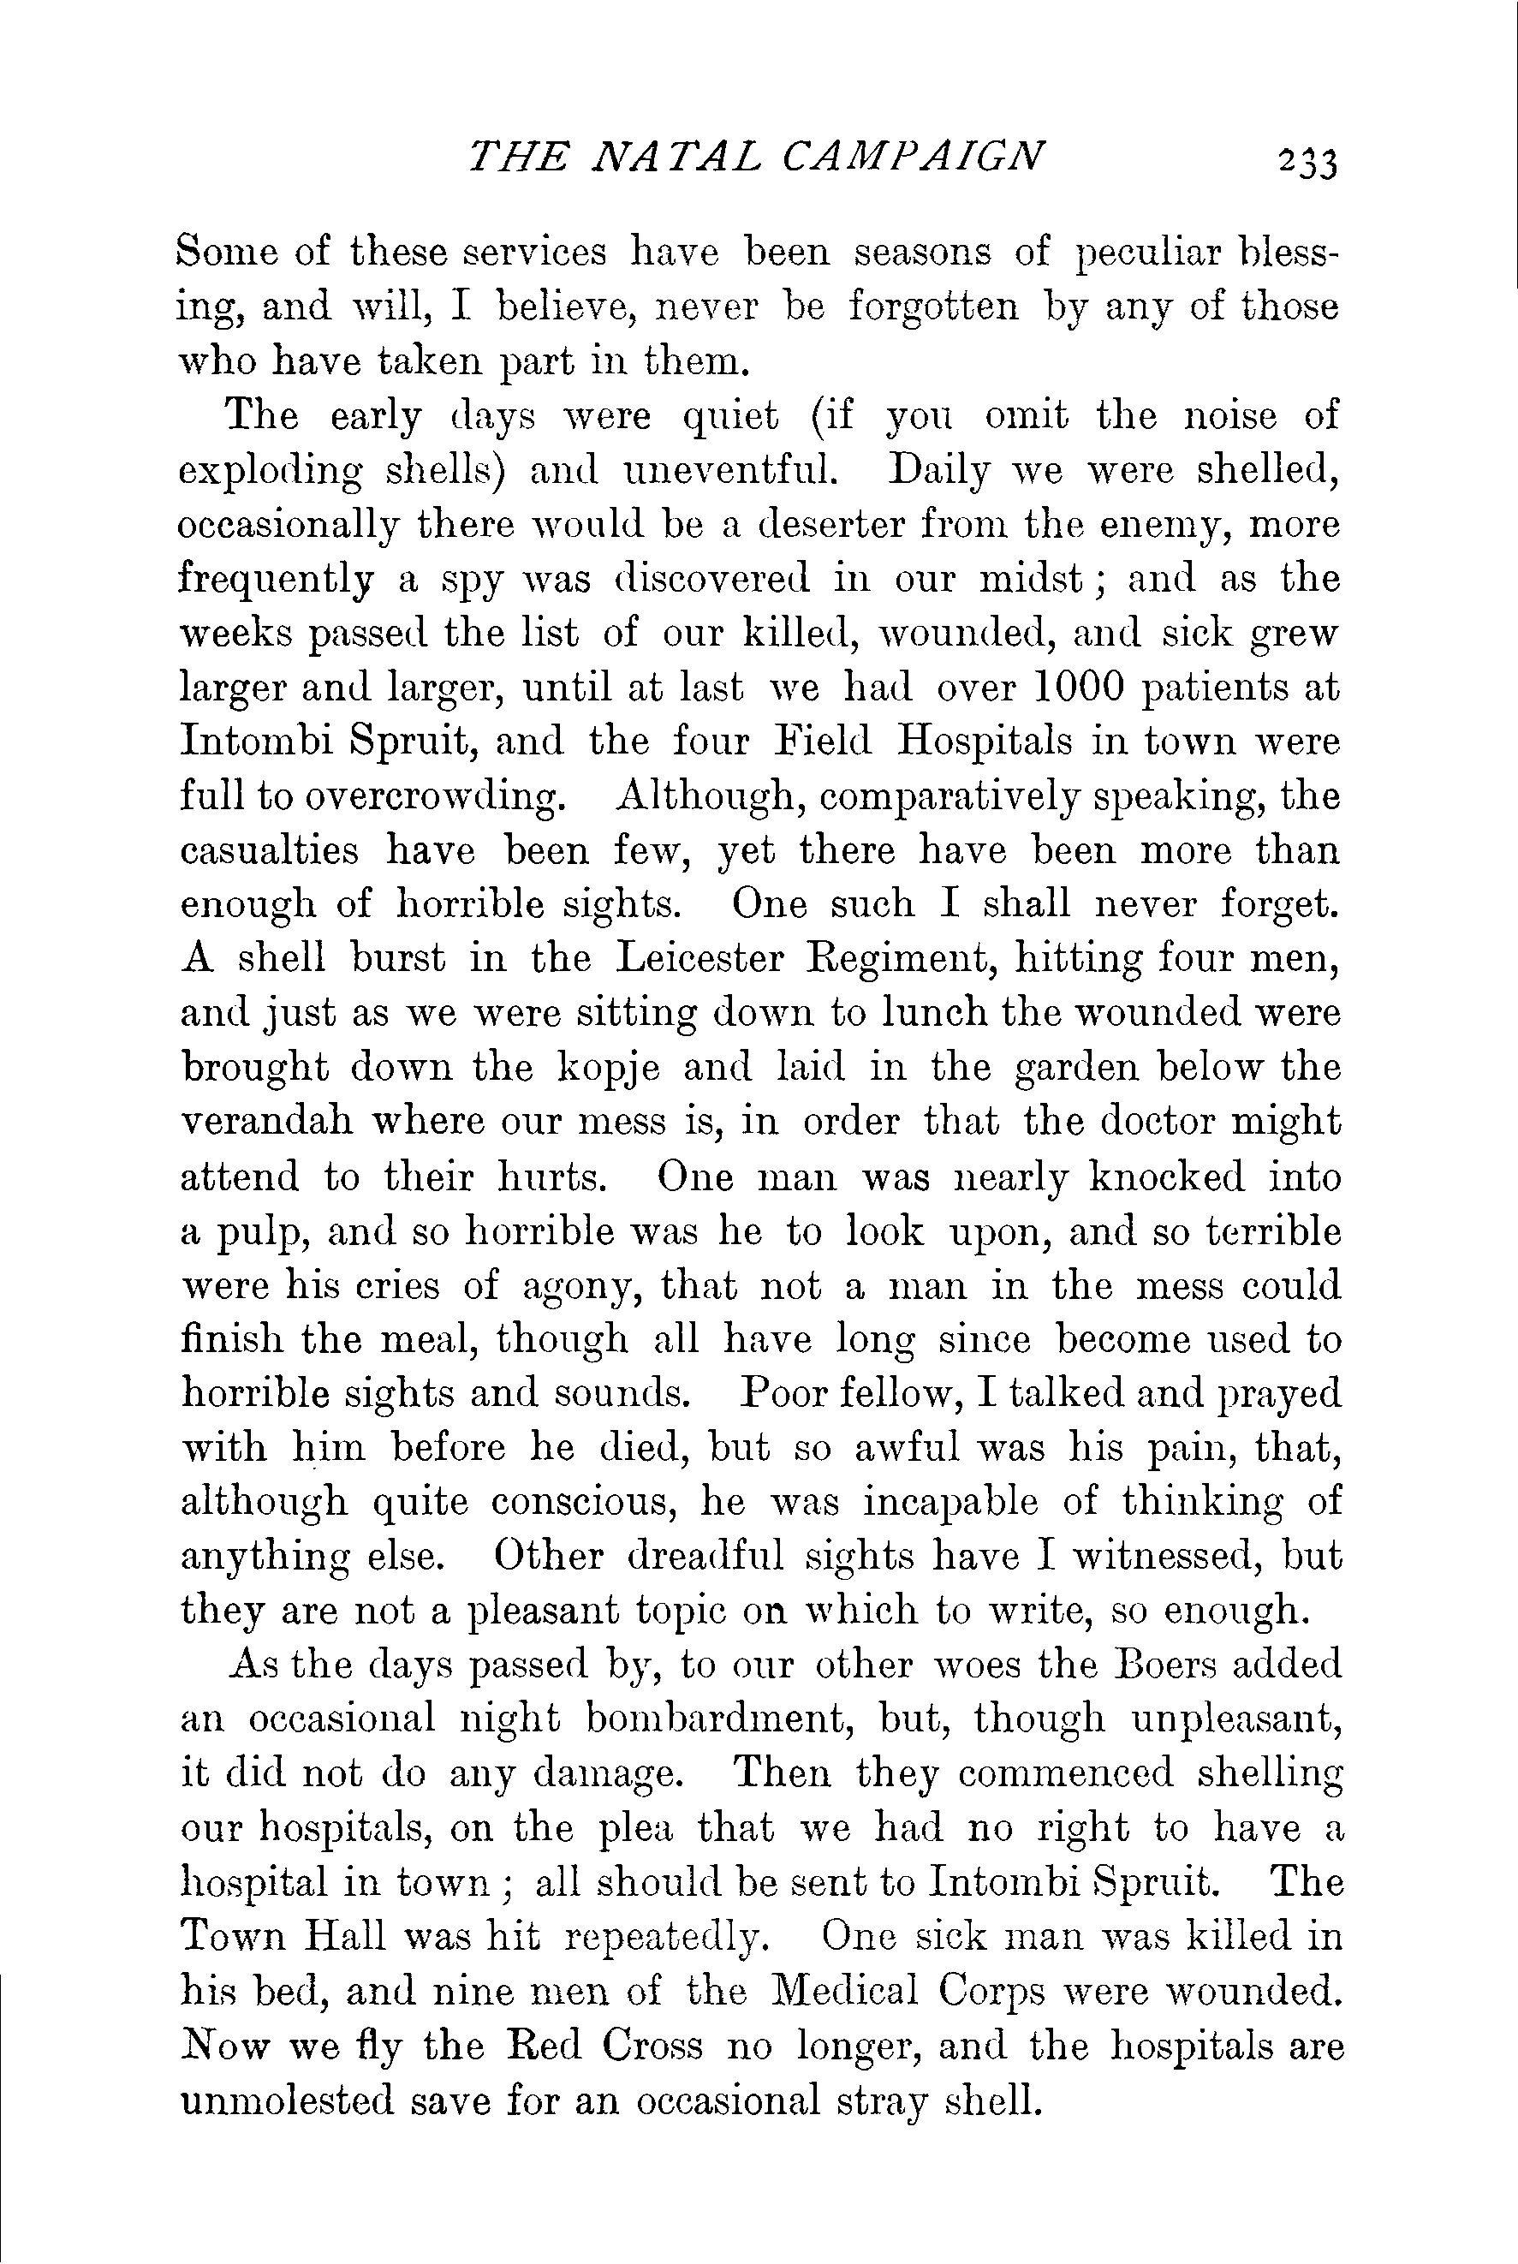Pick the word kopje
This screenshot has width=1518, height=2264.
pos(610,1067)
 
